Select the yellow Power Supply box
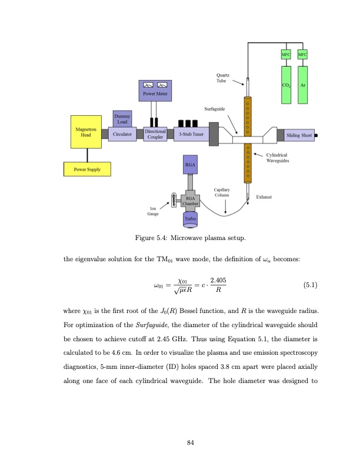(x=87, y=169)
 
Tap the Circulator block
(x=122, y=134)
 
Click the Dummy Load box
(x=122, y=118)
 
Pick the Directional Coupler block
(x=156, y=134)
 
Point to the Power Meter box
(x=154, y=89)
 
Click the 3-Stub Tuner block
(x=191, y=134)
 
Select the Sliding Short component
(x=299, y=135)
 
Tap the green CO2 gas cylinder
(x=286, y=85)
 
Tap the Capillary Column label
(x=222, y=192)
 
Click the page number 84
(x=191, y=442)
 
